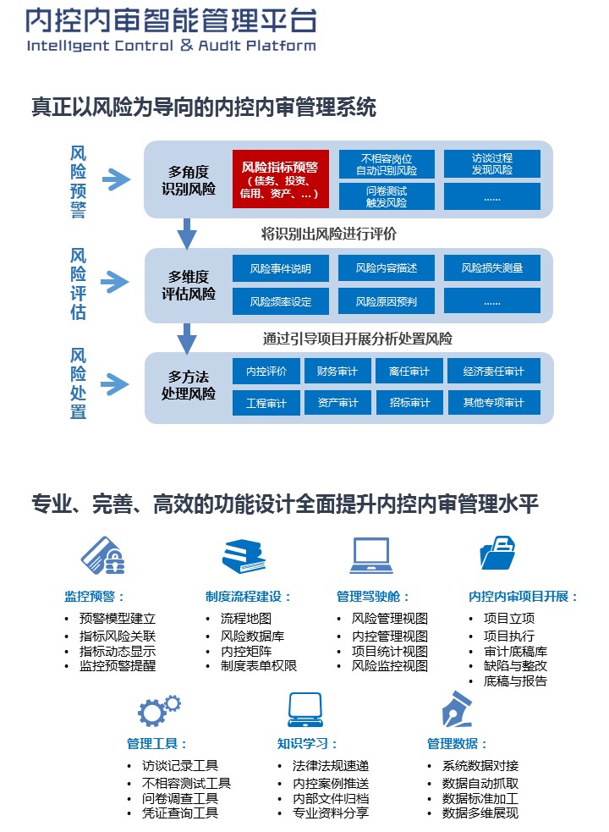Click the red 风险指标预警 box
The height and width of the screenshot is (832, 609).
281,179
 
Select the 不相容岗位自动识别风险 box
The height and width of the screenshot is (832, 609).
387,164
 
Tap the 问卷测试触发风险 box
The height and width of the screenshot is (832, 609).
387,196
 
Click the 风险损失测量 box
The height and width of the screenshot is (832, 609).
491,268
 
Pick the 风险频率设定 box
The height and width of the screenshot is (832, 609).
281,301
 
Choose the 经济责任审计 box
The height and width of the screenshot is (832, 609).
493,371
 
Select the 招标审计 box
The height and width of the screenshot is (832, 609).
409,403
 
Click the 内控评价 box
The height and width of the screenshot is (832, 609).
266,371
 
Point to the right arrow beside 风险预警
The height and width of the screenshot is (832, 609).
116,179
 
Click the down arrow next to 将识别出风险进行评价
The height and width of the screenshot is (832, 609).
186,233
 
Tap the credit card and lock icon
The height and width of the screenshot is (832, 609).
103,555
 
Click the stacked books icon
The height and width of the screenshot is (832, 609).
244,556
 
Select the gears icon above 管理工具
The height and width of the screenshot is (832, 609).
159,710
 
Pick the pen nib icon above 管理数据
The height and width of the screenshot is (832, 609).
457,709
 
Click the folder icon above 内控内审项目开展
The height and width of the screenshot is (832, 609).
497,553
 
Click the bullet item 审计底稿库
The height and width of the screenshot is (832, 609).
515,651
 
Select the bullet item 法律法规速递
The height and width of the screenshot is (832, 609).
331,766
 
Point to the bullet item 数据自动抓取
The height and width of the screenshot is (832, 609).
480,783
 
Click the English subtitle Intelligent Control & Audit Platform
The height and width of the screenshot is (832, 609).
172,46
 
